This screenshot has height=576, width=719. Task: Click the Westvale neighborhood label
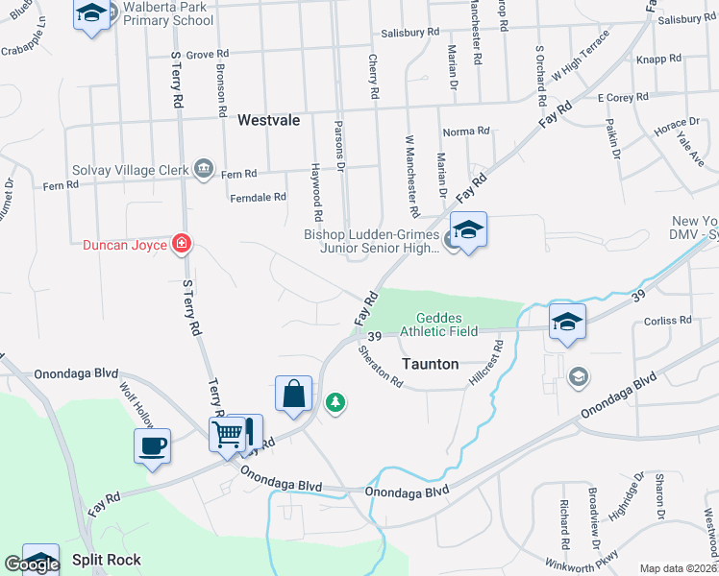click(269, 121)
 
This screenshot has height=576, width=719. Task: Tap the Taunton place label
click(429, 365)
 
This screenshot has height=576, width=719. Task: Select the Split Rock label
click(106, 560)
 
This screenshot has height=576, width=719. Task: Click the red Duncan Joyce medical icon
click(180, 244)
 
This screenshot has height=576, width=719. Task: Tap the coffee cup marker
click(153, 445)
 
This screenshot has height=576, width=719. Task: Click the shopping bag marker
click(294, 393)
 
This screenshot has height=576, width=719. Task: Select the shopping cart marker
click(228, 434)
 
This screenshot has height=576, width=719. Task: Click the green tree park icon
click(335, 401)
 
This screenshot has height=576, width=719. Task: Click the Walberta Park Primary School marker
click(91, 13)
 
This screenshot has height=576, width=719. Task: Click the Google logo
click(32, 564)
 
